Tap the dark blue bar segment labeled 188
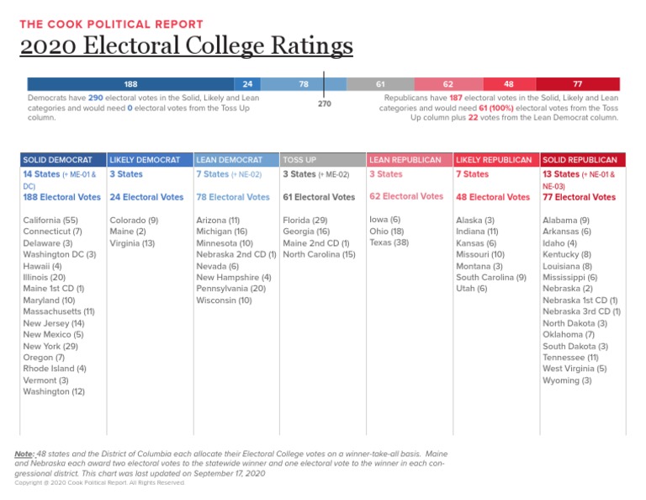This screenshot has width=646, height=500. point(130,84)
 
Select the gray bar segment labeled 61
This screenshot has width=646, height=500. point(380,84)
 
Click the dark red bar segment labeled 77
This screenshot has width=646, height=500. point(577,84)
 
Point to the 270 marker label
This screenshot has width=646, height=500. point(324,105)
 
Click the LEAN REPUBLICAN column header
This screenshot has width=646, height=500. point(405,159)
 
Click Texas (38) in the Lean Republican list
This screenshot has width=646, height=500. point(389,242)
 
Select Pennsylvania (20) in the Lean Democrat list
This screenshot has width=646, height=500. point(230,289)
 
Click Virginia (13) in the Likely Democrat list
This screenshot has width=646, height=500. point(132,242)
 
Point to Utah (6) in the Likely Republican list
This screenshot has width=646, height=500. point(471,289)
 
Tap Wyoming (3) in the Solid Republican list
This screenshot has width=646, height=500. point(567,380)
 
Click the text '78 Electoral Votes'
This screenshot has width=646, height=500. point(232,197)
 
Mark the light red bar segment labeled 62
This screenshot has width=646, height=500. point(448,84)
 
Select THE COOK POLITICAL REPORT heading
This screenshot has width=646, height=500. point(112,24)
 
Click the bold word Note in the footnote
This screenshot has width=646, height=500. point(25,454)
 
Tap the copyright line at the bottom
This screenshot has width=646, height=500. point(100,483)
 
